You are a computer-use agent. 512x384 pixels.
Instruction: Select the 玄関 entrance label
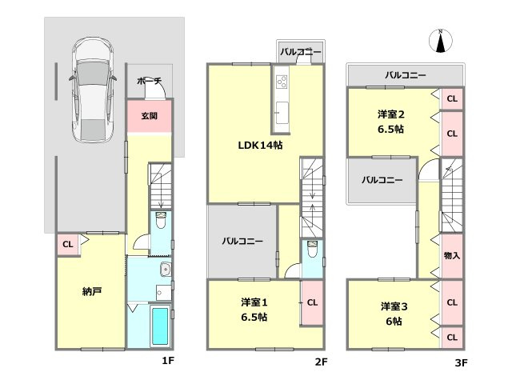click(x=150, y=116)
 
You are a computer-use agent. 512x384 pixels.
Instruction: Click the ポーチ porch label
click(x=149, y=82)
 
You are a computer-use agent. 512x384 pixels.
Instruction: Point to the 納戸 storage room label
click(x=90, y=291)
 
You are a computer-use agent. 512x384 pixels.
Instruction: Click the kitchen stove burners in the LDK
click(x=282, y=82)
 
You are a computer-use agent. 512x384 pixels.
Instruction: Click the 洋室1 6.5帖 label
click(x=254, y=310)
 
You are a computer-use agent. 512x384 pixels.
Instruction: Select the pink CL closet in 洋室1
click(x=312, y=302)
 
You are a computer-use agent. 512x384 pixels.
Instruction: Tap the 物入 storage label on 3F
click(x=451, y=255)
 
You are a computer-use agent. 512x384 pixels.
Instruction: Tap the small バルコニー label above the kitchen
click(x=301, y=52)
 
